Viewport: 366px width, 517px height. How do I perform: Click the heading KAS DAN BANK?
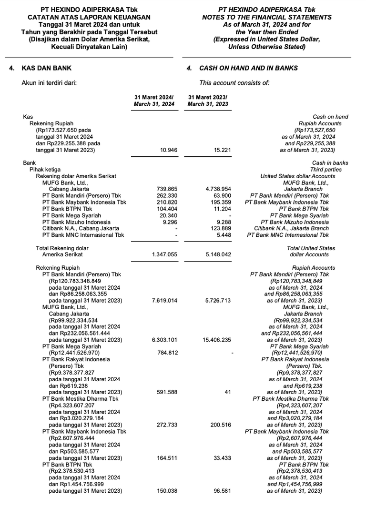41,68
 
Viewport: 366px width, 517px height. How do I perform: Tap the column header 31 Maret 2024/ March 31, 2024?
154,101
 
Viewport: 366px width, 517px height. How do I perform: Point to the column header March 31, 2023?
208,104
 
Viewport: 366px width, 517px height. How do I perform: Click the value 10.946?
168,150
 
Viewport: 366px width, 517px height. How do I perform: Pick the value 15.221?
222,150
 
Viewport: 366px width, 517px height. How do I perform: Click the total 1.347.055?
164,255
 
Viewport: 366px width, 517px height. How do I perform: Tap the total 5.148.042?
218,255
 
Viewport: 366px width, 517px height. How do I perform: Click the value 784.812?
167,353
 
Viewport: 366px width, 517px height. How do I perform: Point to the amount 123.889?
220,228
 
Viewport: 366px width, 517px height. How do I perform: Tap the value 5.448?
224,235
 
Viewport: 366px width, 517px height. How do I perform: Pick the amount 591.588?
167,392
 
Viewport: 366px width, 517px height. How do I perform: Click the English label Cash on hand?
330,117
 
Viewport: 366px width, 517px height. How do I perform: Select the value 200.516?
221,425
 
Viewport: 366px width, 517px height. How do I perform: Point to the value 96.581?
222,491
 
